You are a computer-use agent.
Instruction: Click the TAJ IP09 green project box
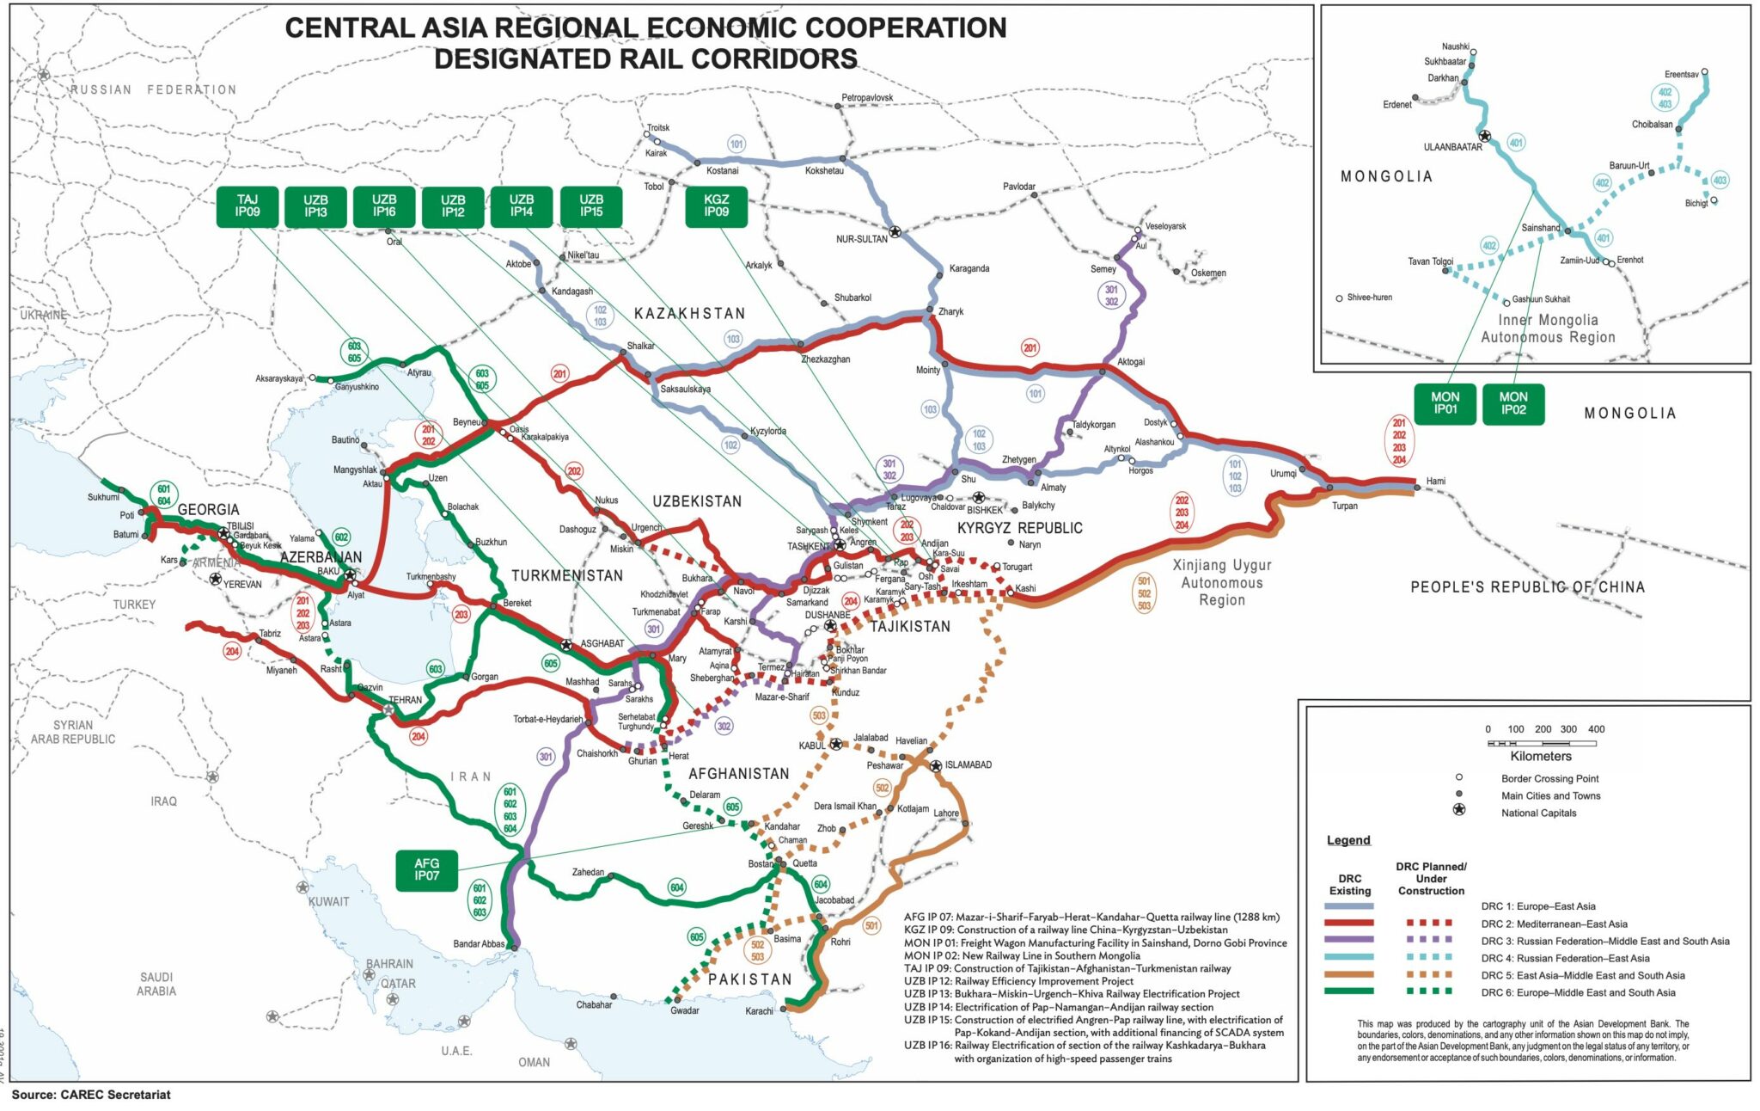(x=247, y=206)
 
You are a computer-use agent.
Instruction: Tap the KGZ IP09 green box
(x=716, y=206)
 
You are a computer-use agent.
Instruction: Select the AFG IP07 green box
(x=426, y=869)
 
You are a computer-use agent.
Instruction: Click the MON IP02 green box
(x=1513, y=403)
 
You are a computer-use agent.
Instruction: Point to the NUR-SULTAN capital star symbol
(x=895, y=231)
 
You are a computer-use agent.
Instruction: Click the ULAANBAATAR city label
(x=1452, y=147)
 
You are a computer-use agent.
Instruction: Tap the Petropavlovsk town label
(x=867, y=98)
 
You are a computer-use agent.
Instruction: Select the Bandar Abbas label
(x=479, y=944)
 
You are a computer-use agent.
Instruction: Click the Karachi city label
(x=759, y=1011)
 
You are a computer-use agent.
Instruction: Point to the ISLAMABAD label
(x=969, y=764)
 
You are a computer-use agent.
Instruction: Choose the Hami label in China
(x=1435, y=481)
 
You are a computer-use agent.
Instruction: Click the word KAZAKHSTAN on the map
(x=689, y=314)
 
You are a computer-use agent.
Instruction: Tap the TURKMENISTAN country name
(x=567, y=575)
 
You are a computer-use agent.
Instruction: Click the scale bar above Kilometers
(x=1542, y=743)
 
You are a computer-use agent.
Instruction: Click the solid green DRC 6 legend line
(x=1348, y=991)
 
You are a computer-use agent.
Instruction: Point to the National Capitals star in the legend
(x=1458, y=810)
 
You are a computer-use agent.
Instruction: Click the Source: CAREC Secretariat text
(x=91, y=1095)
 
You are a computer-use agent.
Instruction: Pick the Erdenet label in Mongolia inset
(x=1396, y=105)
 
